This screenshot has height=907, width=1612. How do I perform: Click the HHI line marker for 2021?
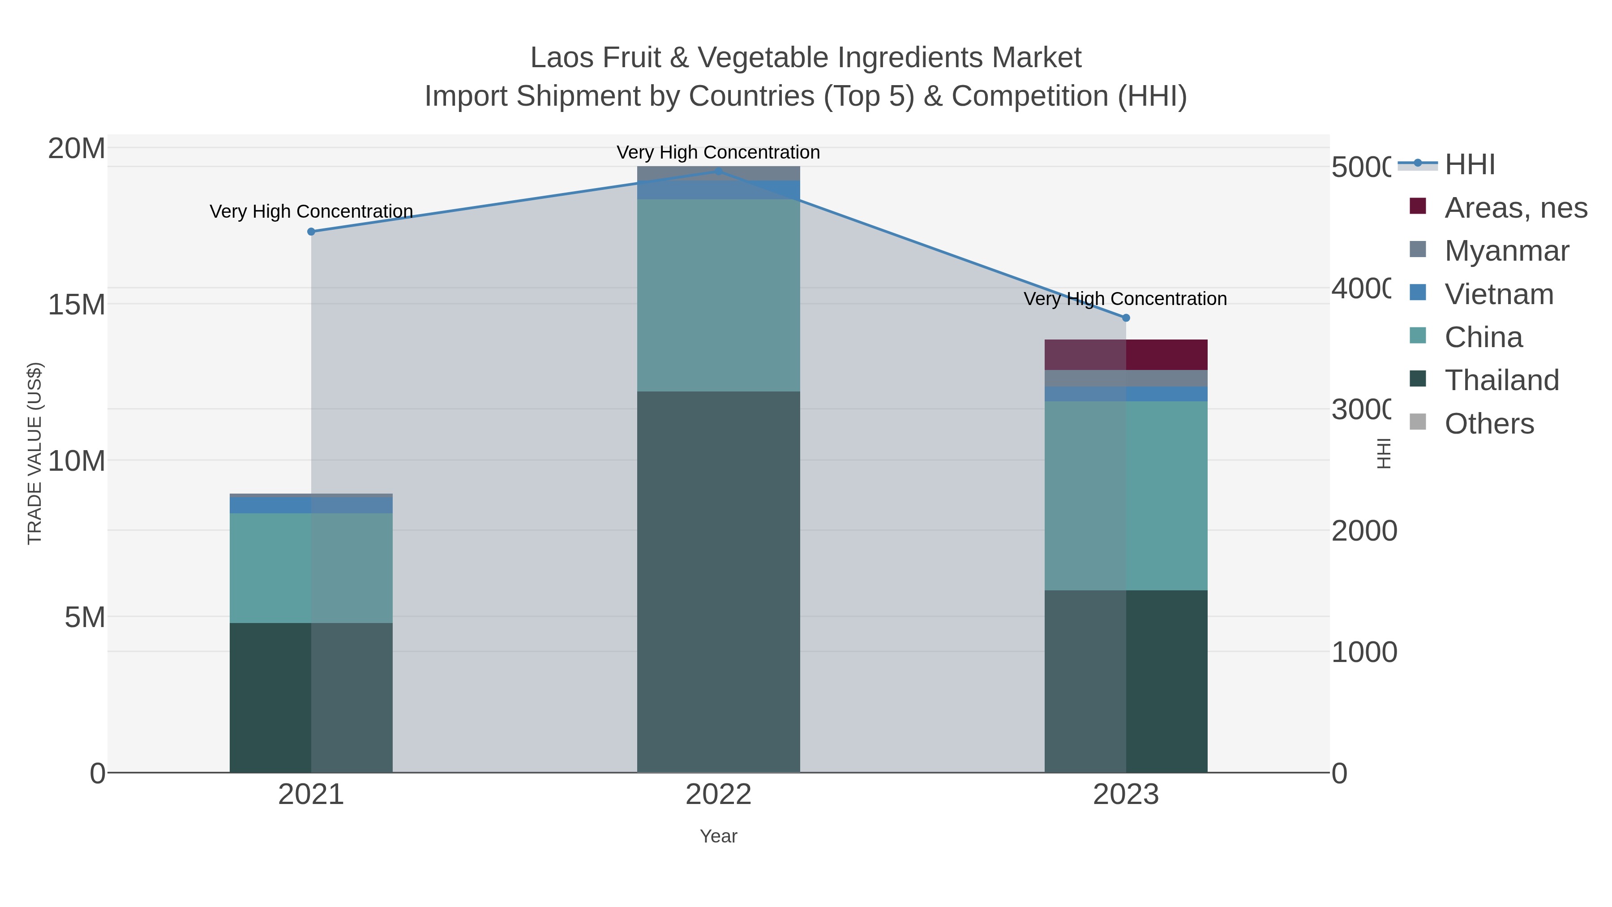point(311,232)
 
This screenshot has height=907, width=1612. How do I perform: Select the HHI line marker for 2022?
point(718,171)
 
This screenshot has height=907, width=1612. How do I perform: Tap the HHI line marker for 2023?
point(1126,318)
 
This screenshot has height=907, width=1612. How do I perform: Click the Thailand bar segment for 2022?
point(718,582)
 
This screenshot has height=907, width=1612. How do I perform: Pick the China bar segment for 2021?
point(311,568)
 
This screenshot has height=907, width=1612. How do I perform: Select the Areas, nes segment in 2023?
point(1126,354)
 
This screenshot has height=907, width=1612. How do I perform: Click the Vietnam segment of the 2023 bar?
point(1126,394)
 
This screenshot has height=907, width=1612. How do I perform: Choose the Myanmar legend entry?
point(1506,251)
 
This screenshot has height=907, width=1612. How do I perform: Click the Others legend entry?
point(1489,424)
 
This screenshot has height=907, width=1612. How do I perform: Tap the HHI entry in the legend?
point(1469,165)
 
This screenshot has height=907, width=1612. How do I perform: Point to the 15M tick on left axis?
point(76,305)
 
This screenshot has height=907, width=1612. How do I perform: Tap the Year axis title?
point(718,836)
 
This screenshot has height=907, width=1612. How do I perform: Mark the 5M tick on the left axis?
point(85,617)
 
